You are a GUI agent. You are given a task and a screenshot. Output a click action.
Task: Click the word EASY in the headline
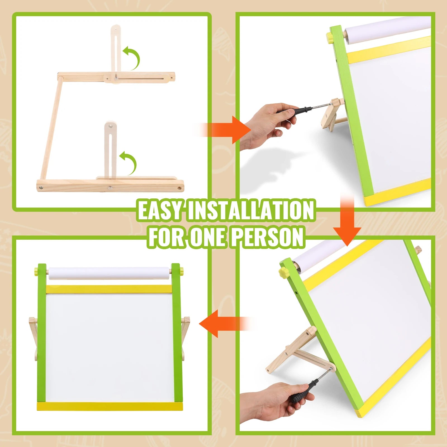[160, 210]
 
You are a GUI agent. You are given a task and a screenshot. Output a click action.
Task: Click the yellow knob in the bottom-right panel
[283, 272]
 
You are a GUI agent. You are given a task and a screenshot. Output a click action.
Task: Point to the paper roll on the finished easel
[109, 273]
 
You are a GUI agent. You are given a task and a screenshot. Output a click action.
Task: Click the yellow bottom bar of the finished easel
[110, 406]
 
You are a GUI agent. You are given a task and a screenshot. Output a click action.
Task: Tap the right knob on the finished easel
[182, 270]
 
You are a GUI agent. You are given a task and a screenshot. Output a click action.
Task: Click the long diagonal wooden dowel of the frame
[50, 129]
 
